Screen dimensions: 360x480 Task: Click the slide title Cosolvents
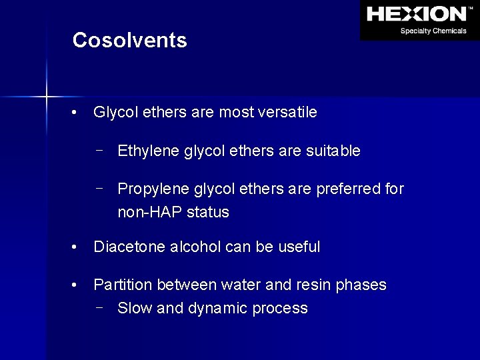[129, 41]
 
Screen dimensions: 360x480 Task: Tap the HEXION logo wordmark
[417, 13]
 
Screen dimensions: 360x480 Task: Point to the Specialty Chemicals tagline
[433, 31]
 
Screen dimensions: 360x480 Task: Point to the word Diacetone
[127, 247]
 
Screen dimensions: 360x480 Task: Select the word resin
[313, 285]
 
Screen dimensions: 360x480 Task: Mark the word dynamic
[219, 309]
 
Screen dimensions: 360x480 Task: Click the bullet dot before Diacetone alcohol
[78, 247]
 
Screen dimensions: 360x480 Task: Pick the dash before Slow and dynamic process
[99, 307]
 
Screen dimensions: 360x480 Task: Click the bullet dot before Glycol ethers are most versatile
[78, 113]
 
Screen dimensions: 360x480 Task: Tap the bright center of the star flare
[47, 97]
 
